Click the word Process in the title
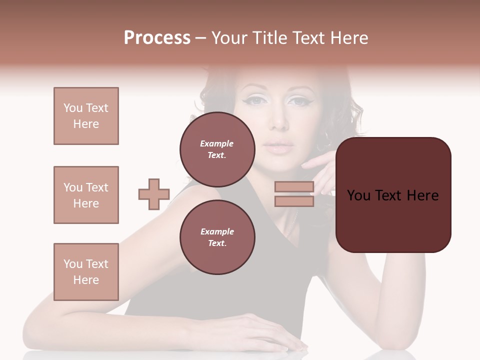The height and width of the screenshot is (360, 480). pos(157,38)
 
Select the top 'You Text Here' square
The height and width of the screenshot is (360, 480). pos(86,116)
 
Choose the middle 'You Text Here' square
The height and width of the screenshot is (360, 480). pos(86,195)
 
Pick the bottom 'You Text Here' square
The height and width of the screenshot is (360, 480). pos(86,272)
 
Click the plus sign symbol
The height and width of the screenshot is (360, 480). pos(154,194)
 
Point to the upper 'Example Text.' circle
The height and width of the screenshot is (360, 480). pos(217,149)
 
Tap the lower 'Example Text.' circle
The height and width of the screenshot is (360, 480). pos(217,237)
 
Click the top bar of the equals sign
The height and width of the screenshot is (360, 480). pos(294,187)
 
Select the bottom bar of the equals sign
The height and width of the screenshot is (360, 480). pos(294,201)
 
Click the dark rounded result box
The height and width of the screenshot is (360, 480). pos(393,195)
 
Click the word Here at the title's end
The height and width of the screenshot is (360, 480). pos(348,38)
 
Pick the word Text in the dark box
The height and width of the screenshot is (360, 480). pos(393,195)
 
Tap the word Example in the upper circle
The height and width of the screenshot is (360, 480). pos(217,143)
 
